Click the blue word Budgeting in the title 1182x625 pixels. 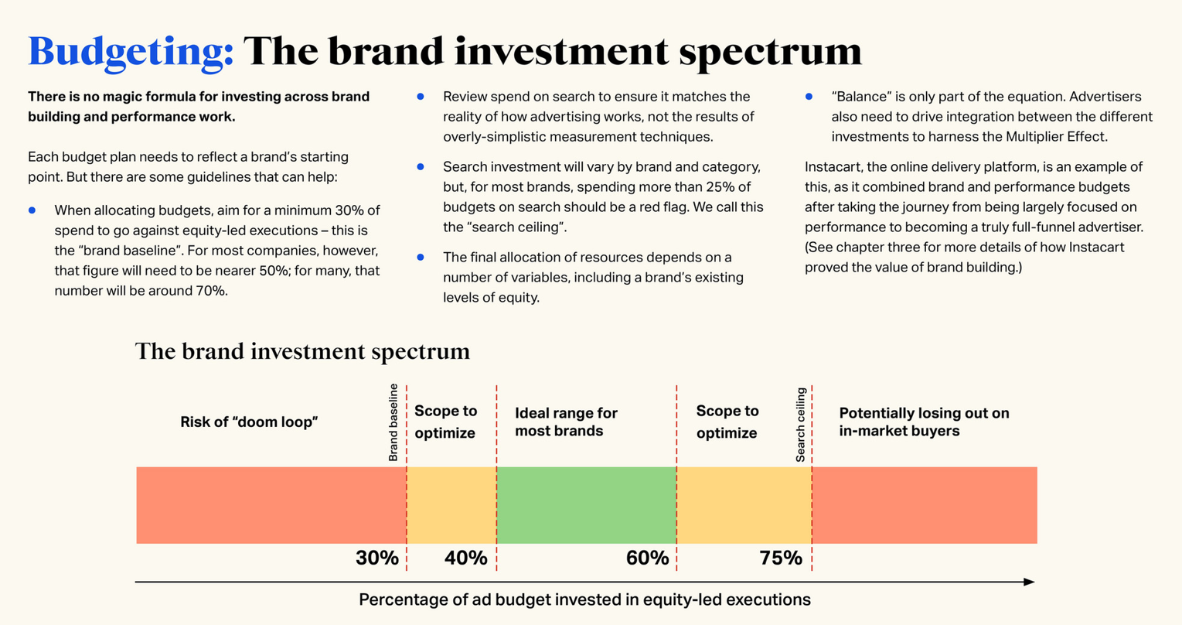pyautogui.click(x=131, y=52)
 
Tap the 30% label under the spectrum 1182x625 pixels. pyautogui.click(x=376, y=558)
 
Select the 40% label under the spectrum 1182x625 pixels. pyautogui.click(x=465, y=558)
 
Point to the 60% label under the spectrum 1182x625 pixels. pyautogui.click(x=647, y=558)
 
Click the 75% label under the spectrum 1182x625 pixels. pyautogui.click(x=781, y=558)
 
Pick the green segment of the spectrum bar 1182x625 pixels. pyautogui.click(x=586, y=505)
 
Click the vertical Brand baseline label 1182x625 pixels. pyautogui.click(x=393, y=422)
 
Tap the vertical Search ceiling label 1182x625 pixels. pyautogui.click(x=800, y=425)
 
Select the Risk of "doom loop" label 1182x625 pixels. pyautogui.click(x=249, y=422)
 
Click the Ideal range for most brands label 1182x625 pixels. pyautogui.click(x=566, y=422)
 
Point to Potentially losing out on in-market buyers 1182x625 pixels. pyautogui.click(x=924, y=422)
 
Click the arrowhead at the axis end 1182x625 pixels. pyautogui.click(x=1029, y=582)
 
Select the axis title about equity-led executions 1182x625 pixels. pyautogui.click(x=584, y=599)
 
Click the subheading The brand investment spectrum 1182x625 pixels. pyautogui.click(x=302, y=351)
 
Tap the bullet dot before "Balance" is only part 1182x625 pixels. pyautogui.click(x=809, y=97)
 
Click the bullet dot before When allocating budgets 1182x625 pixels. pyautogui.click(x=32, y=210)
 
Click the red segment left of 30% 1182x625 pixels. pyautogui.click(x=271, y=505)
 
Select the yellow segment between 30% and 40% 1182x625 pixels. pyautogui.click(x=451, y=505)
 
